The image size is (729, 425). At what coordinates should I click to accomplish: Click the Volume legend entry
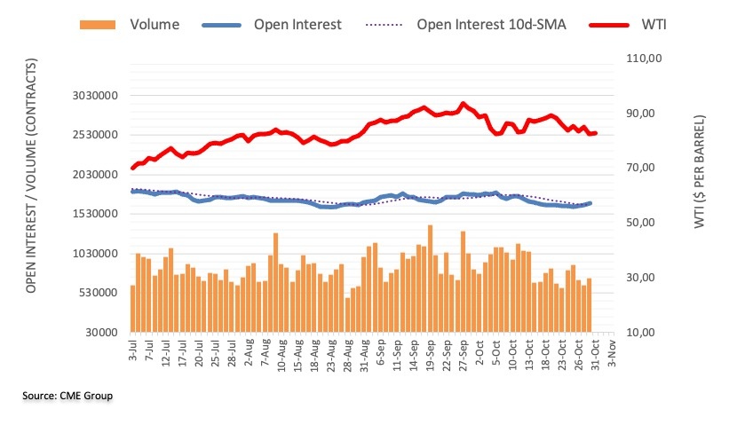pyautogui.click(x=130, y=25)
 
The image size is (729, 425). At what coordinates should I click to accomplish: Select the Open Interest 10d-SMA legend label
pyautogui.click(x=491, y=25)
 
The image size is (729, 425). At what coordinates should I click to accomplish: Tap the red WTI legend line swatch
pyautogui.click(x=608, y=25)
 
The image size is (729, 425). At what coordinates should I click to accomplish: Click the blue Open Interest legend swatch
pyautogui.click(x=221, y=25)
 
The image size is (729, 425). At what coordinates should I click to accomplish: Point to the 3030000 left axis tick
pyautogui.click(x=95, y=96)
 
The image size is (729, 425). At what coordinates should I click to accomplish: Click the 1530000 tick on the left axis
pyautogui.click(x=95, y=214)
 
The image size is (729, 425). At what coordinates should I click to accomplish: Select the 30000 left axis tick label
pyautogui.click(x=101, y=333)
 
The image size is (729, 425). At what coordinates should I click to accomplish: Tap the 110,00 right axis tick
pyautogui.click(x=644, y=59)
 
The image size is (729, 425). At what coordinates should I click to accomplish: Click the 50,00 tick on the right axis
pyautogui.click(x=641, y=223)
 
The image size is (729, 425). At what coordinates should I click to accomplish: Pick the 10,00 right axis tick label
pyautogui.click(x=641, y=333)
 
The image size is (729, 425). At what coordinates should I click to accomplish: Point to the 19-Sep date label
pyautogui.click(x=431, y=354)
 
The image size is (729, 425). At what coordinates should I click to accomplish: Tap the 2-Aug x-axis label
pyautogui.click(x=249, y=352)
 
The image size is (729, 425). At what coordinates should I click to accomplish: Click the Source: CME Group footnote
pyautogui.click(x=67, y=396)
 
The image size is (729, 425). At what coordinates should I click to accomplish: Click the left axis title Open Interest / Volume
pyautogui.click(x=31, y=176)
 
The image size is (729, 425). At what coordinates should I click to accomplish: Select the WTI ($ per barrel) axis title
pyautogui.click(x=699, y=172)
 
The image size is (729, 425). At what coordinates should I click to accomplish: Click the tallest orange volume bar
pyautogui.click(x=430, y=279)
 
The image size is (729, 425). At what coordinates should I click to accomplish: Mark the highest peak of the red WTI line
pyautogui.click(x=463, y=104)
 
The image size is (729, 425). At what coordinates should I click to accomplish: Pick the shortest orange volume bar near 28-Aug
pyautogui.click(x=347, y=314)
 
